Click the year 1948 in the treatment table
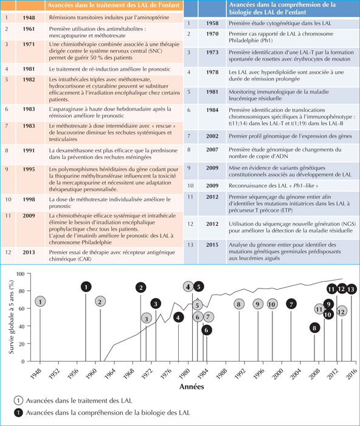(x=29, y=18)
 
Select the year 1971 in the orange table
(x=29, y=44)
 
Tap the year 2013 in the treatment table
(x=29, y=253)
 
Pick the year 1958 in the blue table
(x=212, y=23)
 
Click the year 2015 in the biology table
(x=212, y=245)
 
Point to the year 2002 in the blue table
(x=212, y=136)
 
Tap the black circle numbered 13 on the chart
(x=351, y=289)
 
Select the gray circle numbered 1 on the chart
(x=40, y=302)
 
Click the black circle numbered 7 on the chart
(x=291, y=304)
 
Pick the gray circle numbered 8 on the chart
(x=239, y=304)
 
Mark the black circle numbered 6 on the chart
(x=207, y=330)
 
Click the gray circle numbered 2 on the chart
(x=100, y=302)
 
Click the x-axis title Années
(x=192, y=386)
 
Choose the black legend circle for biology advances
(x=18, y=413)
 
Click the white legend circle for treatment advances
(x=18, y=400)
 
